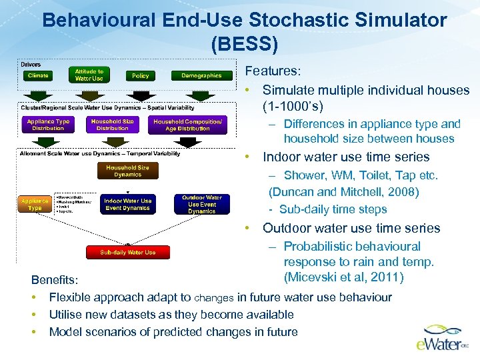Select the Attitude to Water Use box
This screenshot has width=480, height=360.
tap(89, 75)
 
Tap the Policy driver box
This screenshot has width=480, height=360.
tap(141, 76)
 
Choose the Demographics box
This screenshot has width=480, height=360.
tap(201, 76)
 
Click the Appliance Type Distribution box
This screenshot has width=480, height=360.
tap(48, 125)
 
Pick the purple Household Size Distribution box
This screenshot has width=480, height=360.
tap(112, 125)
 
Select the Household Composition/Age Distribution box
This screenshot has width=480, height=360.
tap(187, 125)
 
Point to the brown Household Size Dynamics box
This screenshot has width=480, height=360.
tap(127, 171)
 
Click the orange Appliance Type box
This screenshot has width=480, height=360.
tap(35, 203)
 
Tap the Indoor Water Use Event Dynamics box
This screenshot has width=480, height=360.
tap(128, 204)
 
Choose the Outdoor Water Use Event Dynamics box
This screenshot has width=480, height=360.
tap(201, 204)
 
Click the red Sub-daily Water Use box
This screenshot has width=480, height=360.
tap(127, 253)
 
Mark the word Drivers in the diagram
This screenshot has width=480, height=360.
tap(31, 65)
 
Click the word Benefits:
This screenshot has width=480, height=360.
tap(57, 280)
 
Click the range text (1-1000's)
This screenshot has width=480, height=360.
tap(293, 107)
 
